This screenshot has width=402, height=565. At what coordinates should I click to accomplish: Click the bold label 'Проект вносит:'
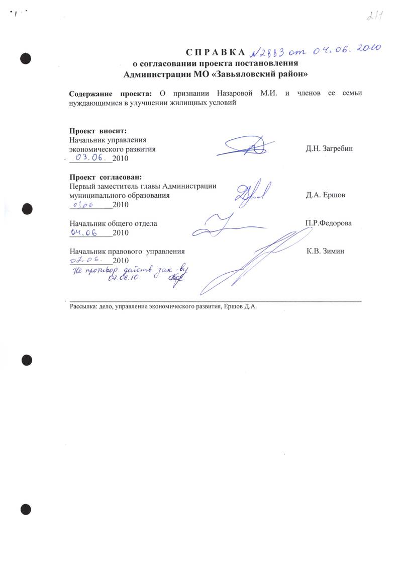pyautogui.click(x=94, y=131)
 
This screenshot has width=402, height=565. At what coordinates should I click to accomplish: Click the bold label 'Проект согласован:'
pyautogui.click(x=106, y=177)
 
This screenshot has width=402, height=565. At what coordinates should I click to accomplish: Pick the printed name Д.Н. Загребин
pyautogui.click(x=329, y=149)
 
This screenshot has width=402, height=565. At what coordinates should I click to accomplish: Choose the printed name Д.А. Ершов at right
pyautogui.click(x=325, y=195)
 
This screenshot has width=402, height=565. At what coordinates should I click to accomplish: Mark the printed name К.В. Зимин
pyautogui.click(x=326, y=251)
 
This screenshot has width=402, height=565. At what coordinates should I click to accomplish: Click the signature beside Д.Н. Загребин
pyautogui.click(x=248, y=146)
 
